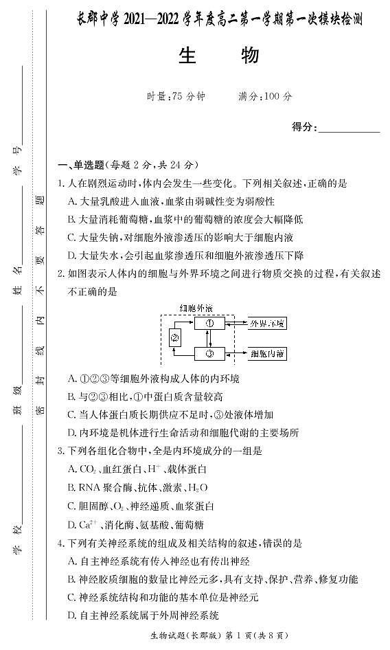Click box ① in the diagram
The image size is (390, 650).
point(210,323)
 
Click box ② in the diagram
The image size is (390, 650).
point(175,337)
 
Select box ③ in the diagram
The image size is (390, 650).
point(210,354)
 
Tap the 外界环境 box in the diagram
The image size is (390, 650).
point(267,323)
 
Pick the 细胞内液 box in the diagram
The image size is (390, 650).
point(267,354)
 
